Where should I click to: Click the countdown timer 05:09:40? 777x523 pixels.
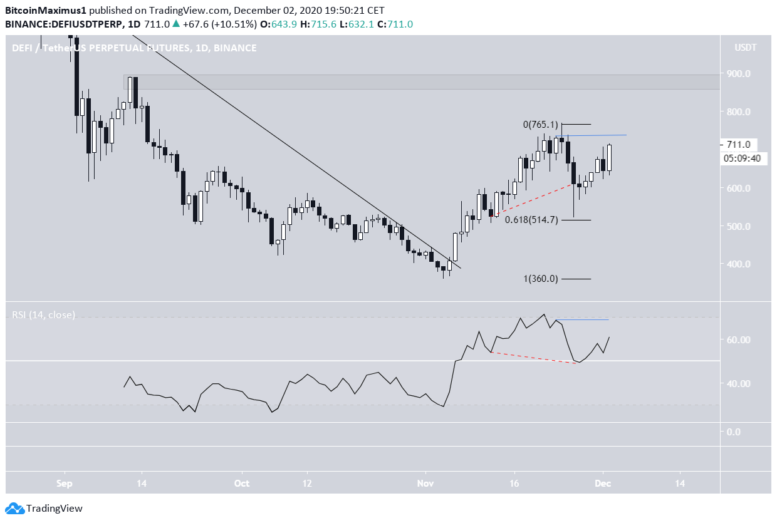click(x=742, y=158)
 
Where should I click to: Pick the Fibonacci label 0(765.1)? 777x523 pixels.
click(x=540, y=125)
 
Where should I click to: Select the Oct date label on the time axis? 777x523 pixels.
click(x=241, y=484)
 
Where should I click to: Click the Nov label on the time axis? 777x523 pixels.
click(x=425, y=484)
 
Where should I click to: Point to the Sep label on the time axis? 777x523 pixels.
click(x=64, y=484)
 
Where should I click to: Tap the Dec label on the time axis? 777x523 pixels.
click(x=603, y=484)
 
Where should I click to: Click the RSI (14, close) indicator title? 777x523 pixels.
click(x=43, y=315)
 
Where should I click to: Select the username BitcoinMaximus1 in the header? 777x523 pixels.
click(x=46, y=11)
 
